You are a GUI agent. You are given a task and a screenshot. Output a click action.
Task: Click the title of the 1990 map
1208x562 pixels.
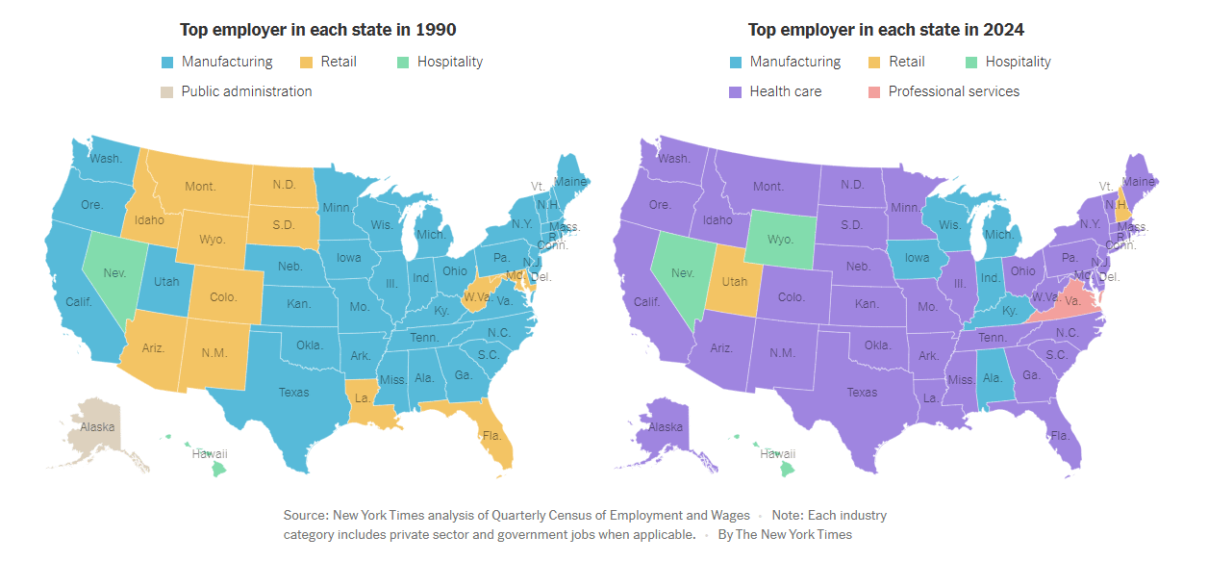[x=318, y=30]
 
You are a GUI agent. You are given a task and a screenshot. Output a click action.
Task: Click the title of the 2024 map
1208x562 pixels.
[x=886, y=30]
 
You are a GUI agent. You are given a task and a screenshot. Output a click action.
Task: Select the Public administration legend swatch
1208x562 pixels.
[x=167, y=92]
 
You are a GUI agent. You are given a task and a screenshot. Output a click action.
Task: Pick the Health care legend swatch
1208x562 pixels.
[x=736, y=92]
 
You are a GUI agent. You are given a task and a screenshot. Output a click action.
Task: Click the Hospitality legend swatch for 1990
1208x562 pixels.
[x=402, y=63]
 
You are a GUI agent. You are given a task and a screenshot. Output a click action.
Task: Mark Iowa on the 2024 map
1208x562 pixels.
[x=918, y=258]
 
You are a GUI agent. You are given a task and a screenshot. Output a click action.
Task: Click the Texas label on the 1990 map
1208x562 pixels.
[x=293, y=392]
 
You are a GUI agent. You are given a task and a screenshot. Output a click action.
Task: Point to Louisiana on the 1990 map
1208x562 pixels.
[x=364, y=401]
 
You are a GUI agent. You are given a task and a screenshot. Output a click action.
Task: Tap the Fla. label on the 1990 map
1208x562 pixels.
[x=492, y=435]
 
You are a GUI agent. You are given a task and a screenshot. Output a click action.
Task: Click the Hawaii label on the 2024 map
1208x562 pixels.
[x=777, y=453]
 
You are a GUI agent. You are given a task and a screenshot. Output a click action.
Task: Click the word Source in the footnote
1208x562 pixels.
[x=305, y=516]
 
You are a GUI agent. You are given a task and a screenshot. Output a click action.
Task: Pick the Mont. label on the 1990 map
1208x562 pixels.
[x=200, y=186]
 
